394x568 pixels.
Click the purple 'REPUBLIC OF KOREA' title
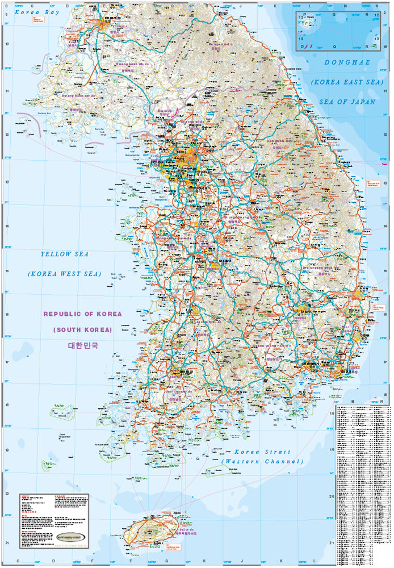[x=83, y=314]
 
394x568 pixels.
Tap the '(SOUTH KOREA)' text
[x=83, y=329]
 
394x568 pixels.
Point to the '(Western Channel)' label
[x=262, y=461]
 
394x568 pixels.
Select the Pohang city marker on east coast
[x=361, y=293]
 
